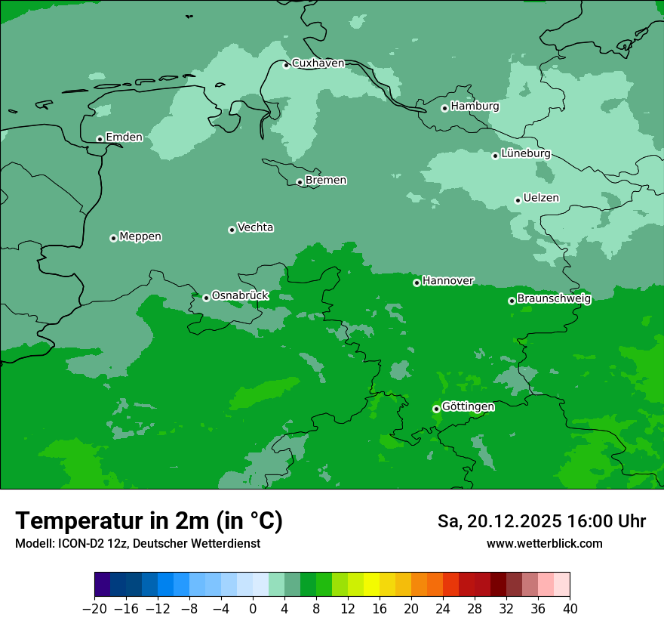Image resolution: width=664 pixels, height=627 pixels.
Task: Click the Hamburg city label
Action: (x=475, y=107)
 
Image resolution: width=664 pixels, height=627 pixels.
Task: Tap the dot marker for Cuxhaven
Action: (x=286, y=65)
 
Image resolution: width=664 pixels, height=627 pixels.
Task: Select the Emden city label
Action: (x=124, y=137)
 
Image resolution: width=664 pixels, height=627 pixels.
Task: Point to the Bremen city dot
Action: (x=300, y=182)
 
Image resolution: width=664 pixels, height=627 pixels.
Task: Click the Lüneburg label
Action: (x=525, y=154)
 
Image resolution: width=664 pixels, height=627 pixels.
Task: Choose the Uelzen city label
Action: (x=541, y=199)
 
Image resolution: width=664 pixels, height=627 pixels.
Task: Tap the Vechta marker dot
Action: (x=232, y=230)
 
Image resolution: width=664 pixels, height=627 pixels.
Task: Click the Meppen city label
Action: (x=140, y=237)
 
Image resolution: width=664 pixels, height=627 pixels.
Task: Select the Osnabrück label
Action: (x=240, y=296)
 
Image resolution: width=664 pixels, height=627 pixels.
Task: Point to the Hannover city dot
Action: (x=417, y=283)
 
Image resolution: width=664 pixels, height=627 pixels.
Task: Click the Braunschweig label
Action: (x=554, y=299)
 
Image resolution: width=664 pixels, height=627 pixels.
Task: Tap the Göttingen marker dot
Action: (x=436, y=409)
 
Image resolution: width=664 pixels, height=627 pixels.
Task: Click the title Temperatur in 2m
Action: (x=149, y=521)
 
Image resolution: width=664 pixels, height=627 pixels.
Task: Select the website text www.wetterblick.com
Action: (x=545, y=544)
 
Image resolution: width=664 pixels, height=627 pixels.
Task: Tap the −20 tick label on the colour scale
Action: (x=94, y=608)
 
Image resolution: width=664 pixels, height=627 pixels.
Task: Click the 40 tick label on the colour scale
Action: (x=570, y=608)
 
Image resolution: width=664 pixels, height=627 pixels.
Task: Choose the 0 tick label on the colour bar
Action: (x=253, y=608)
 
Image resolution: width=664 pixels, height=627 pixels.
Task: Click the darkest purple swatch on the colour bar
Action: (x=102, y=585)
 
